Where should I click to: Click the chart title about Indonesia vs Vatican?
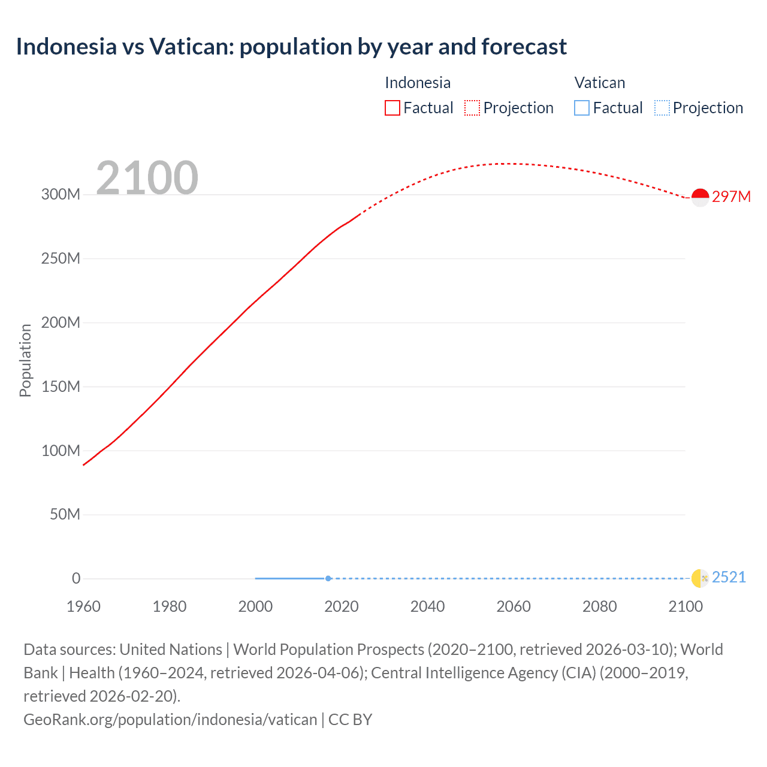[x=291, y=47]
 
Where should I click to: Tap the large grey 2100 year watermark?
[x=147, y=177]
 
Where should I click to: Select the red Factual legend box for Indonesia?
[x=392, y=108]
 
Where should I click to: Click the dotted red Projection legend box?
[x=472, y=108]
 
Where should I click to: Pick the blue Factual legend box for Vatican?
[x=581, y=108]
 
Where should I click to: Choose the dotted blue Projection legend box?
[x=662, y=108]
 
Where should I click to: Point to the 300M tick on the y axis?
[x=61, y=194]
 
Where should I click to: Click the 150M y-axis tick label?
[x=61, y=386]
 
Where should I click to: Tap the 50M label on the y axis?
[x=65, y=514]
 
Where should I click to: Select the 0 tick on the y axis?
[x=76, y=578]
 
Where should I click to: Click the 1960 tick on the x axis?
[x=83, y=606]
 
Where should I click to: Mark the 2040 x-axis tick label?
[x=427, y=606]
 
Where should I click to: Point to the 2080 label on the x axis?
[x=599, y=606]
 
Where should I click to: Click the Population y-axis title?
[x=25, y=360]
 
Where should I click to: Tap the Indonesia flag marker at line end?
[x=700, y=197]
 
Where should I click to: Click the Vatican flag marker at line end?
[x=700, y=578]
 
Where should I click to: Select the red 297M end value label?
[x=731, y=197]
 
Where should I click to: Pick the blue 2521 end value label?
[x=729, y=577]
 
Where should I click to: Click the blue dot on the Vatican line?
[x=328, y=578]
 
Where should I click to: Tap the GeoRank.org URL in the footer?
[x=170, y=719]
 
